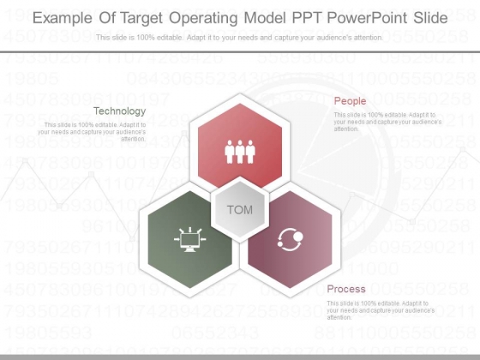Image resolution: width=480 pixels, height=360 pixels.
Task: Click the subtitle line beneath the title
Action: coord(239,38)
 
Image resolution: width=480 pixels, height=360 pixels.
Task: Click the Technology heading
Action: coord(119,111)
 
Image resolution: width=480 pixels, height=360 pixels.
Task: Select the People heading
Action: coord(350,101)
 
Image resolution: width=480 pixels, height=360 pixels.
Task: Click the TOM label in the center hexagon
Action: coord(240,210)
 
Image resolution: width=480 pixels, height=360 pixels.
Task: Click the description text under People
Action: coord(387,121)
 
